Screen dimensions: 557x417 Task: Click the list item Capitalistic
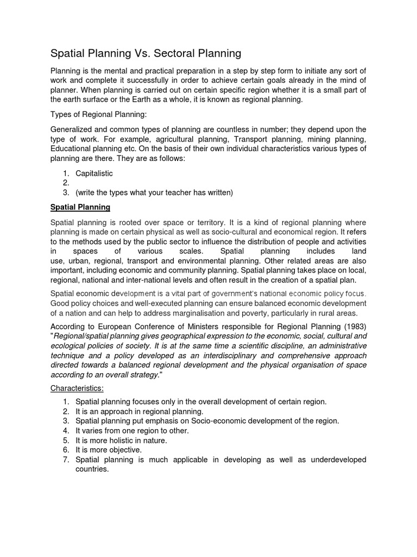point(94,173)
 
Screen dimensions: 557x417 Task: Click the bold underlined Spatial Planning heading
point(80,207)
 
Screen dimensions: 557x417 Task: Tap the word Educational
point(71,148)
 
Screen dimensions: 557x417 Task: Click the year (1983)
point(353,327)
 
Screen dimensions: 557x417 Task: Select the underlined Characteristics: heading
point(77,388)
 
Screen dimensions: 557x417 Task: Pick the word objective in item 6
point(122,450)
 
